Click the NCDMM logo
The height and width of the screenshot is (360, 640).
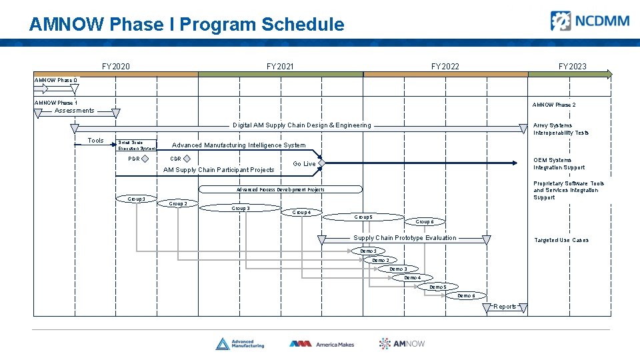589,21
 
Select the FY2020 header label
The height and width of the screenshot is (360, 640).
116,67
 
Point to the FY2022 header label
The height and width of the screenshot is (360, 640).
445,67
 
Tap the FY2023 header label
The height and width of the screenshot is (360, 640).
572,67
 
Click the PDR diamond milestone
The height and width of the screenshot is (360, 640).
145,159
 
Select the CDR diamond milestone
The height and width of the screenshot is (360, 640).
187,159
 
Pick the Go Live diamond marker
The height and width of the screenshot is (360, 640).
321,163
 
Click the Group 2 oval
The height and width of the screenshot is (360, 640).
177,203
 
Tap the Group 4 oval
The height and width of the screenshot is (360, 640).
301,213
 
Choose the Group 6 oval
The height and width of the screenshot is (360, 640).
425,222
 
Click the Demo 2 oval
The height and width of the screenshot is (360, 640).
380,260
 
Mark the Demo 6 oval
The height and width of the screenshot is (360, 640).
466,295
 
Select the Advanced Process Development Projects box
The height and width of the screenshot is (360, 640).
281,189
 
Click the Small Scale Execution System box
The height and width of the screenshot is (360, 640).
136,145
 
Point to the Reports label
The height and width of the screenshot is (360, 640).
505,307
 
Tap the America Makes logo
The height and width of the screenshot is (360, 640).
321,344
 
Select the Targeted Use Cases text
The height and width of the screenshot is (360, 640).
561,240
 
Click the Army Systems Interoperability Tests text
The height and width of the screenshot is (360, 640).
561,129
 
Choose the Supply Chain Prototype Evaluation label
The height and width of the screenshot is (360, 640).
405,238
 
